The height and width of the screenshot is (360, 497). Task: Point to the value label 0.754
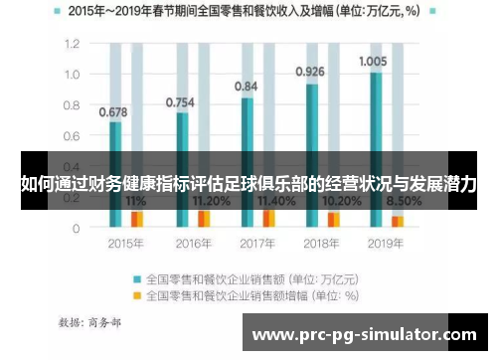(180, 101)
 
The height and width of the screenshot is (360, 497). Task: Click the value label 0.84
(246, 87)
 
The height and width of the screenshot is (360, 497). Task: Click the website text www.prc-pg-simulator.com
(365, 336)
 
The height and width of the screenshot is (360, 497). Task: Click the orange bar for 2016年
(204, 218)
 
